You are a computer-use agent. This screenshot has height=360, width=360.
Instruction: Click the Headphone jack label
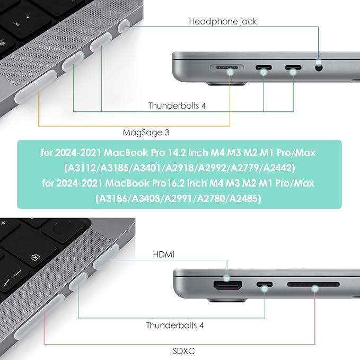click(x=223, y=22)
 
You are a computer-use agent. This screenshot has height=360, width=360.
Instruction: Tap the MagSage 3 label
click(x=146, y=133)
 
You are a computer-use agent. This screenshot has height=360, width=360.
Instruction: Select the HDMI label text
click(x=164, y=254)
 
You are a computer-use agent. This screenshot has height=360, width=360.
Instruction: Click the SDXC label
click(x=183, y=351)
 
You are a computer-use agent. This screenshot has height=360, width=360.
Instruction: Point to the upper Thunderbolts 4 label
click(x=177, y=106)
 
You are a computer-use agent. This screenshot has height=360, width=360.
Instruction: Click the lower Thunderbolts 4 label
click(x=175, y=326)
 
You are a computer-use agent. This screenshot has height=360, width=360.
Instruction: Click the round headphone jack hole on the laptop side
click(x=319, y=67)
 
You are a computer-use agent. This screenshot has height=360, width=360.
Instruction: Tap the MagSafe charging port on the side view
click(x=227, y=68)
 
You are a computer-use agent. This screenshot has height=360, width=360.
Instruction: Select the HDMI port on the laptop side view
click(x=228, y=285)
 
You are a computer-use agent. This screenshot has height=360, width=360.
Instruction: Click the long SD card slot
click(x=313, y=285)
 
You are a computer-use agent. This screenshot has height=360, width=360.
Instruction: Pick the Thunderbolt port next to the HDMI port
click(x=265, y=285)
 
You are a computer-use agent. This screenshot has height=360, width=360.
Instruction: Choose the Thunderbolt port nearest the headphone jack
click(x=293, y=68)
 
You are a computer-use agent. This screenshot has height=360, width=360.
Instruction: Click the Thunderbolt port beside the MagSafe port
click(x=264, y=68)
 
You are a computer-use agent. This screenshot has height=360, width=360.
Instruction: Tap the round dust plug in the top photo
click(x=124, y=27)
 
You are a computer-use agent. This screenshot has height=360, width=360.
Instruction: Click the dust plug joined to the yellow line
click(x=36, y=86)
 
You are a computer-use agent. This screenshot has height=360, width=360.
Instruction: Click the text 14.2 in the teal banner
click(x=177, y=153)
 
